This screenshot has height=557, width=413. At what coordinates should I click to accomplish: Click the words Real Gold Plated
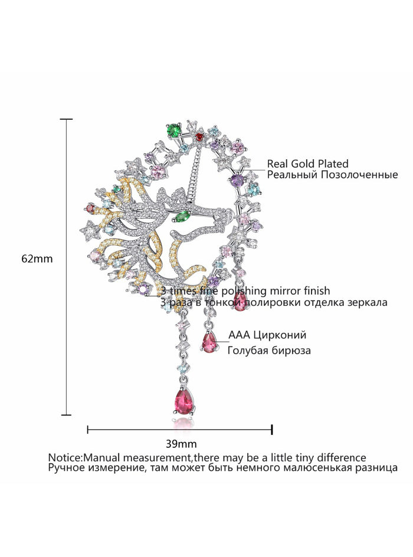(x=307, y=164)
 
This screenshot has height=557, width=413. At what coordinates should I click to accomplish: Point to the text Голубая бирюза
(x=269, y=350)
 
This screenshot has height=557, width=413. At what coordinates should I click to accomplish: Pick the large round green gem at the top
(x=173, y=128)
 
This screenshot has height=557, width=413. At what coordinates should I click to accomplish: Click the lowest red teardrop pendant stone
(x=184, y=403)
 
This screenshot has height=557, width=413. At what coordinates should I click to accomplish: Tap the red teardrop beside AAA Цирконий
(x=210, y=341)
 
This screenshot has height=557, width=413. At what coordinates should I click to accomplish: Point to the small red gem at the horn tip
(x=199, y=137)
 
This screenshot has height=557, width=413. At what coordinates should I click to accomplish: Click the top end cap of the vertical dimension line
(x=66, y=120)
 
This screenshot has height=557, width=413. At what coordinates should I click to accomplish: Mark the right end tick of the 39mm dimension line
(x=271, y=430)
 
